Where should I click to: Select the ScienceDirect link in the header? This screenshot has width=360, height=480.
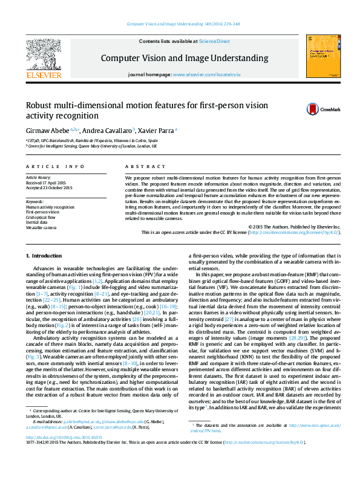tap(214, 41)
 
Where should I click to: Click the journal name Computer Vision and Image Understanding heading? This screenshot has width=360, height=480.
tap(184, 58)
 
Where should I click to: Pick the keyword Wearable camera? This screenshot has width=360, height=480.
tap(41, 227)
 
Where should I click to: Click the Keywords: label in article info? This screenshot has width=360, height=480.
tap(34, 201)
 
